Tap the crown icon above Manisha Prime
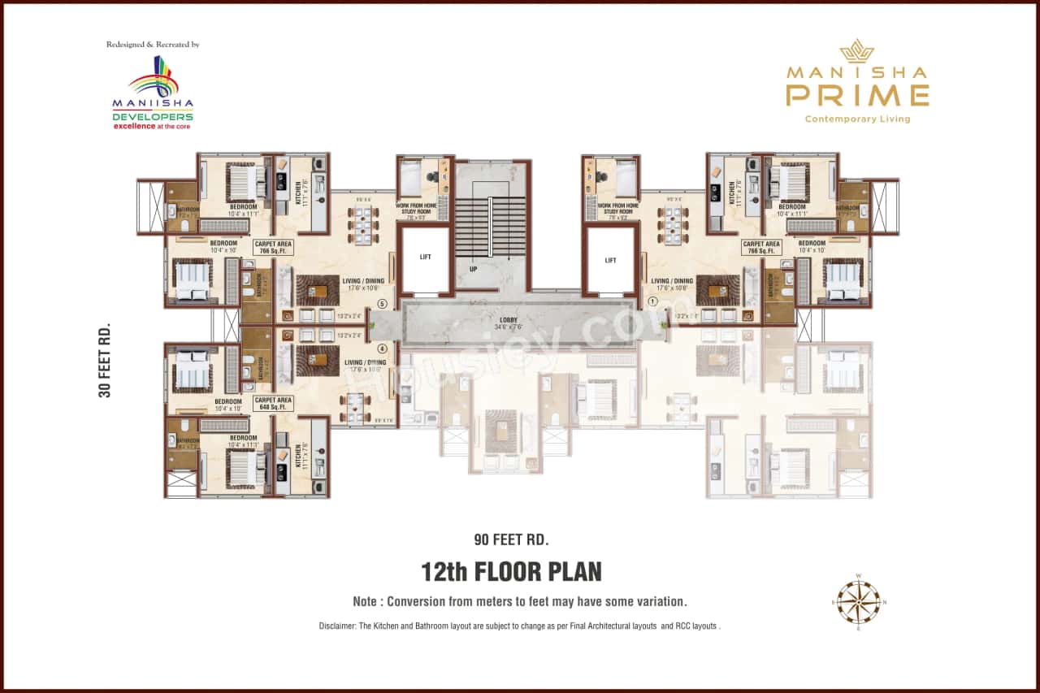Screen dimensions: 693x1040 [856, 52]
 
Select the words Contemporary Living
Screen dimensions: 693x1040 [857, 119]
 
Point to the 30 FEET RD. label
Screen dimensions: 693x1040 [104, 361]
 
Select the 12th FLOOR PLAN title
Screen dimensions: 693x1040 [511, 572]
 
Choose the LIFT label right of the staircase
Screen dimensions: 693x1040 [611, 261]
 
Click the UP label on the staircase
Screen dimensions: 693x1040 [472, 268]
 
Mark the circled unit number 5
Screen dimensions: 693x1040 [382, 305]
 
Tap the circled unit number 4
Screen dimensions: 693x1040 [382, 349]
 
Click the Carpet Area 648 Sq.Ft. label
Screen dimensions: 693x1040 [273, 403]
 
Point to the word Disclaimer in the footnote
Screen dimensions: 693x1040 [340, 626]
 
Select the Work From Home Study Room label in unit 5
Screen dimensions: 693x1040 [421, 210]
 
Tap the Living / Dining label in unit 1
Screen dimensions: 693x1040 [672, 284]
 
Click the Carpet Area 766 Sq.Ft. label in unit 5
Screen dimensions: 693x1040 [273, 247]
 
